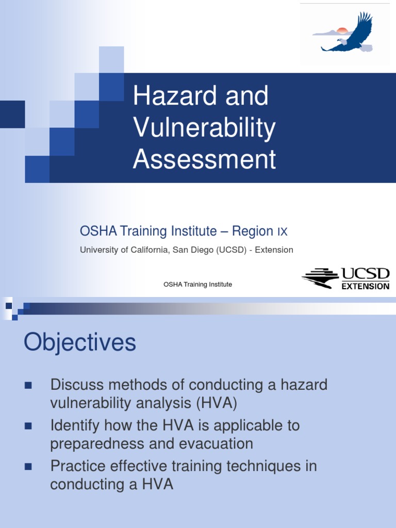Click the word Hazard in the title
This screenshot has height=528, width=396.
pyautogui.click(x=167, y=96)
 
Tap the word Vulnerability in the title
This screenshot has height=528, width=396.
pyautogui.click(x=204, y=128)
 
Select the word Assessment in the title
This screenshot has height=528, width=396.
pyautogui.click(x=204, y=159)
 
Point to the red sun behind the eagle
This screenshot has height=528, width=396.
pyautogui.click(x=341, y=31)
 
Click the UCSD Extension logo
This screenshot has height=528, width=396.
pyautogui.click(x=345, y=278)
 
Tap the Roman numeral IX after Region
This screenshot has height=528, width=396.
pyautogui.click(x=282, y=232)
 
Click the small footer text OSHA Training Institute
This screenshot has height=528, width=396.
pyautogui.click(x=197, y=284)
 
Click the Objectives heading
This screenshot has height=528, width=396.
pyautogui.click(x=80, y=342)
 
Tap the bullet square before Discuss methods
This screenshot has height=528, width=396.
pyautogui.click(x=28, y=385)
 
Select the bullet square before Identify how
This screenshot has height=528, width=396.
pyautogui.click(x=28, y=426)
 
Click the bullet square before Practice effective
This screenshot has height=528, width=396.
pyautogui.click(x=28, y=467)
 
